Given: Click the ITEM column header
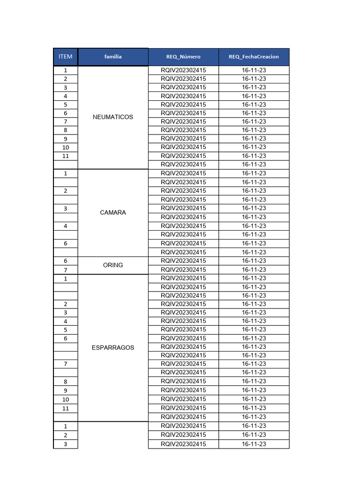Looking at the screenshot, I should (66, 57).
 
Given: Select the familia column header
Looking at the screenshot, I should (113, 57).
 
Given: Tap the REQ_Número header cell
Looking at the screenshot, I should (183, 57).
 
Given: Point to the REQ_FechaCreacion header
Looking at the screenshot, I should (254, 57).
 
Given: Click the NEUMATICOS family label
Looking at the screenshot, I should (113, 117).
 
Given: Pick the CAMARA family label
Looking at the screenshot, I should (113, 213).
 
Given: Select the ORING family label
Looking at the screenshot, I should (113, 265).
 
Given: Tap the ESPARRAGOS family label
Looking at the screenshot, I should (113, 348).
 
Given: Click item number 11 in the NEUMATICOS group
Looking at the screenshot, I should (66, 156).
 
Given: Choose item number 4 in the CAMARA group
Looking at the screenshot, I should (66, 226).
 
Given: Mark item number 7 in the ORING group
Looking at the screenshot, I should (66, 270).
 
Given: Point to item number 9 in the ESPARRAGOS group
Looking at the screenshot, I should (66, 390).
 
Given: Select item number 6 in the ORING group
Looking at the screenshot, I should (66, 261).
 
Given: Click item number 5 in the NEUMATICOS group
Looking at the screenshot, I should (66, 105).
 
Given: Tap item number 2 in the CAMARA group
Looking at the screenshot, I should (66, 191).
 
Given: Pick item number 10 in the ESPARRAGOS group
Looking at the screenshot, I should (66, 399).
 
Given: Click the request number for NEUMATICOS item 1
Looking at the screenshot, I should (183, 70).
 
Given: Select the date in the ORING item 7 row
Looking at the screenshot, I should (254, 270).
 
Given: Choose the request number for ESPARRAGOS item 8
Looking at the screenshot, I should (183, 381).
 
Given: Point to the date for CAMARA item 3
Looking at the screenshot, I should (254, 208).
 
